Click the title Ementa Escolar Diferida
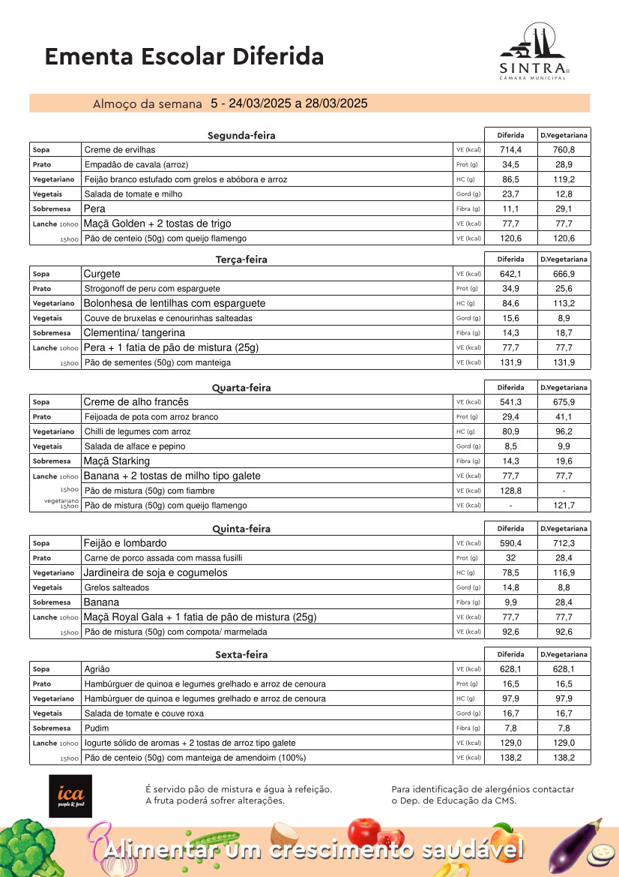(x=184, y=56)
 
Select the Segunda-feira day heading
(x=241, y=136)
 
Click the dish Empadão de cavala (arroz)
(x=136, y=164)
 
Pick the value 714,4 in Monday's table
(x=511, y=150)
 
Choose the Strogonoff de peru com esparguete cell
(x=152, y=289)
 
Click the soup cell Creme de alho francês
(x=136, y=402)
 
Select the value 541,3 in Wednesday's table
(x=511, y=402)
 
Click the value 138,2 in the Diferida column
(x=511, y=758)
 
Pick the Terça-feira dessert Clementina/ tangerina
(x=134, y=333)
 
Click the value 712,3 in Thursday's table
(x=564, y=543)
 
